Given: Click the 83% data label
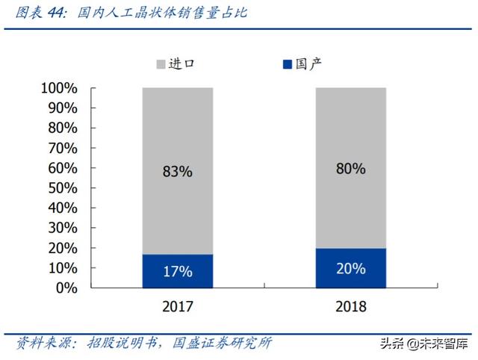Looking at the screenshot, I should click(177, 171).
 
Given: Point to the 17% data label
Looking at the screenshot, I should click(177, 271).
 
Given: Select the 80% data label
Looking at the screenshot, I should click(350, 169).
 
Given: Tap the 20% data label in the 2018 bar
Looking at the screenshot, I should click(350, 268).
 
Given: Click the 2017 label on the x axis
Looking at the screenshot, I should click(177, 307).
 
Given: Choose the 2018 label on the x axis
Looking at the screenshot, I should click(350, 307).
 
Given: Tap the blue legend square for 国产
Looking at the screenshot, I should click(288, 64).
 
